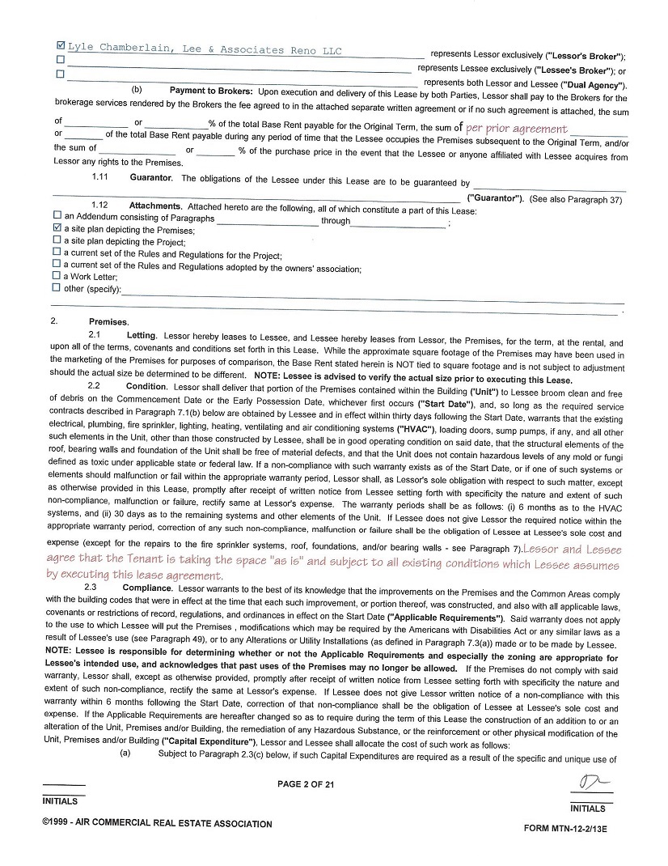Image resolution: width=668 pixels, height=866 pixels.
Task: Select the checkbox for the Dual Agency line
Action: point(61,74)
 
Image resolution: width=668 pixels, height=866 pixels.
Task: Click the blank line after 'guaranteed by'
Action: point(550,185)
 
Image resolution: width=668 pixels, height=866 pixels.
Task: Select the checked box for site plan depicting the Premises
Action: point(57,229)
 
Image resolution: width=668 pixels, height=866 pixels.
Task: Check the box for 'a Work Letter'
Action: point(57,276)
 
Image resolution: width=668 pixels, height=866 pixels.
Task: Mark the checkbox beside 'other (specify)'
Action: point(57,287)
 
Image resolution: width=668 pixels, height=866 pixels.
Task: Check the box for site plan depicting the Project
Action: point(57,240)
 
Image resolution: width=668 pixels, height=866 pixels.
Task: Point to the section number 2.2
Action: point(94,386)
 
